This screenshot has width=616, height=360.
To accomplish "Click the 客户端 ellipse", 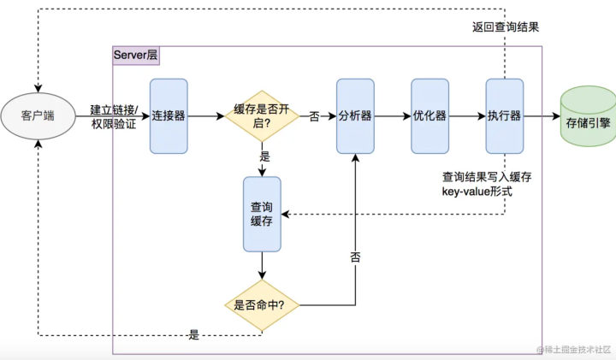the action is (x=38, y=116).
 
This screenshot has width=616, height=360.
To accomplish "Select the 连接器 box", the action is (x=169, y=115).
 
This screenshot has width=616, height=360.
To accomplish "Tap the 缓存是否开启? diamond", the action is (x=262, y=115).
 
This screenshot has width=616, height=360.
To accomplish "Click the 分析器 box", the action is (x=355, y=115).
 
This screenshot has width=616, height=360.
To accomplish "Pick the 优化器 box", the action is (x=429, y=115).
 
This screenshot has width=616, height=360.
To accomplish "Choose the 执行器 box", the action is (x=505, y=115).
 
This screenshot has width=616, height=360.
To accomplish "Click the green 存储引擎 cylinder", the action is (x=588, y=116).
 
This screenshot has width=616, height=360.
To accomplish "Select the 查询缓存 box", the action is (x=262, y=214).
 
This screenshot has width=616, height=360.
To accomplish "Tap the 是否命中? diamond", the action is (x=262, y=305).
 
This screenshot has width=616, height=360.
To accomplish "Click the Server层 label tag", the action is (x=136, y=55).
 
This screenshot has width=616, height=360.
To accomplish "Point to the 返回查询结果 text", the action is (x=506, y=27).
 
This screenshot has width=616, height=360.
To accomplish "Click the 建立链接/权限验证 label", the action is (x=114, y=116).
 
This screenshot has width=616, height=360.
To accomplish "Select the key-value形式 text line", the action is (x=477, y=192).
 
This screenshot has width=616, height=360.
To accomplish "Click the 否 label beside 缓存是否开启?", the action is (x=314, y=116).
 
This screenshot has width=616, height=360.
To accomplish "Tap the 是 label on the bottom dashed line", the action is (x=194, y=335).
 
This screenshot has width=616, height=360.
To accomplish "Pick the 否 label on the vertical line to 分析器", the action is (x=355, y=257).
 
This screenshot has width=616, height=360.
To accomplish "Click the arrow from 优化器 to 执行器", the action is (x=467, y=115).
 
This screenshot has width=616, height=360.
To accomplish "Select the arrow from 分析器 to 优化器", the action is (x=393, y=115).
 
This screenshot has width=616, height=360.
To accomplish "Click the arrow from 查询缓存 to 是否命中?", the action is (x=262, y=265).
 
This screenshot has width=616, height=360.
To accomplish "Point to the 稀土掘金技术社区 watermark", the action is (x=574, y=349).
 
